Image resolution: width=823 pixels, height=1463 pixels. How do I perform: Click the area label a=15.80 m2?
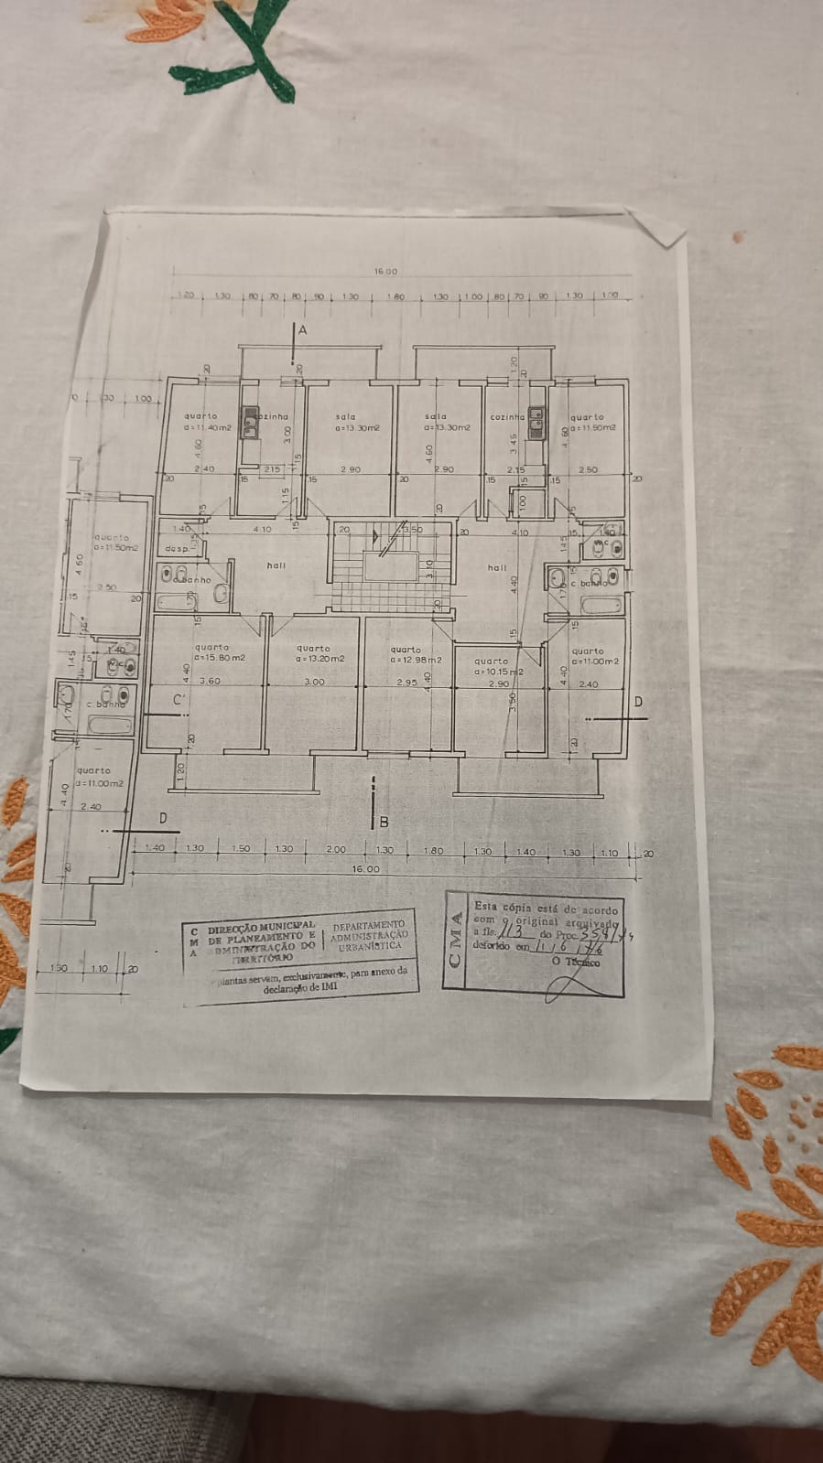(221, 658)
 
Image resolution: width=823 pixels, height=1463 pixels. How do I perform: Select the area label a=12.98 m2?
(416, 660)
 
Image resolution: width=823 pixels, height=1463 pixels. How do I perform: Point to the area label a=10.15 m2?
(499, 672)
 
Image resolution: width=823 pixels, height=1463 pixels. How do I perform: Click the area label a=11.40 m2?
(208, 427)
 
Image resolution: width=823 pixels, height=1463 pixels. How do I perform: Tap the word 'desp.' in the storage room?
(176, 549)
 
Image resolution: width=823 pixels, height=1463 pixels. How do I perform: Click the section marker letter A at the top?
(302, 328)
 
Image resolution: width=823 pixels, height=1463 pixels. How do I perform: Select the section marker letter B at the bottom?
(384, 822)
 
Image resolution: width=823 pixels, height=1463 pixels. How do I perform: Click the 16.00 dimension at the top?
(386, 272)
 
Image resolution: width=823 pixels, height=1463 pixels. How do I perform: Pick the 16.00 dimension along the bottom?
(366, 868)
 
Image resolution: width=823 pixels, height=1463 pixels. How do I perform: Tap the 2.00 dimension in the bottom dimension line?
(337, 849)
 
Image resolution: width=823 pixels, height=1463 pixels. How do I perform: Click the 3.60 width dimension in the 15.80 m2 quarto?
(210, 681)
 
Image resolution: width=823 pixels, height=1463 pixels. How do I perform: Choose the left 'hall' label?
(276, 565)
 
